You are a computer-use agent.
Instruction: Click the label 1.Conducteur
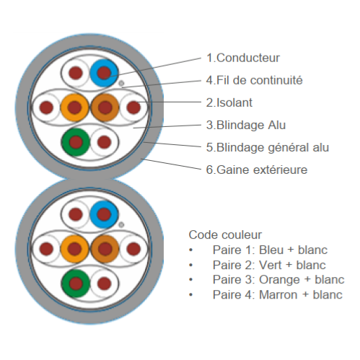click(243, 58)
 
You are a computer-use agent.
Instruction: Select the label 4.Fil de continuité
click(254, 80)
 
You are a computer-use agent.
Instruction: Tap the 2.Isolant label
click(229, 102)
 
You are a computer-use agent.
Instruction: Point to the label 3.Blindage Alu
click(246, 125)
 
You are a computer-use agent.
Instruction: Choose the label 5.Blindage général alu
click(268, 148)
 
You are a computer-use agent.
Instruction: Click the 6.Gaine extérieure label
click(257, 170)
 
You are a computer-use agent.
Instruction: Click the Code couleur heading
click(225, 235)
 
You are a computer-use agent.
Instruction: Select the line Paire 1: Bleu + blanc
click(270, 250)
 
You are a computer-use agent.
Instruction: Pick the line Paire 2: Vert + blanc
click(269, 265)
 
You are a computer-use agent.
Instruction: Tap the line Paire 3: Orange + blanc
click(278, 280)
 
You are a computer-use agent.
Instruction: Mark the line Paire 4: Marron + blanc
click(278, 295)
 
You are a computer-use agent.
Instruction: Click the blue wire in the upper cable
click(104, 73)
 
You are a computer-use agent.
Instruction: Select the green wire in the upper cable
click(76, 142)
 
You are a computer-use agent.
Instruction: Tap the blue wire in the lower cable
click(104, 214)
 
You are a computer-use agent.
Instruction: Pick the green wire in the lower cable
click(76, 284)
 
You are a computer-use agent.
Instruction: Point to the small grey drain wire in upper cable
click(121, 84)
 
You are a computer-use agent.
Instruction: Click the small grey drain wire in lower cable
click(121, 225)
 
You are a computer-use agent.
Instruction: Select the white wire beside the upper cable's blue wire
click(76, 73)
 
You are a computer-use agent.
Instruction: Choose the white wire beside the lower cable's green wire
click(105, 284)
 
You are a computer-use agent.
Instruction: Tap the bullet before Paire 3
click(191, 280)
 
